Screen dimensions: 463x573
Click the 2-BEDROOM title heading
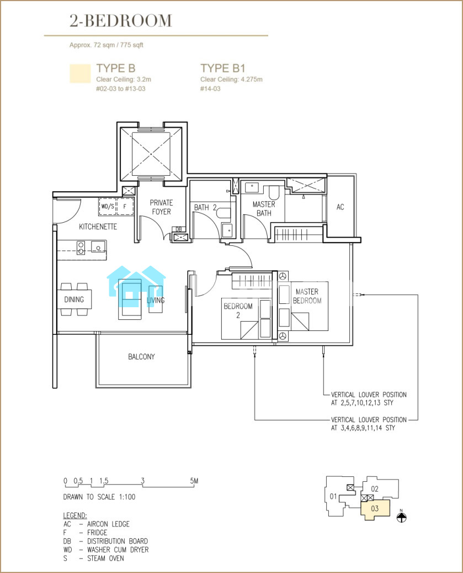coord(121,21)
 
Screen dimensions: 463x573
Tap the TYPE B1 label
coord(222,69)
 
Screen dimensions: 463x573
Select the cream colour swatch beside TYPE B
coord(80,73)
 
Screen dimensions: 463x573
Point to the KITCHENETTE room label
coord(98,227)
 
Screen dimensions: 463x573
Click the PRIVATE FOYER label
coord(161,207)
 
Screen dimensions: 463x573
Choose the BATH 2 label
coord(205,208)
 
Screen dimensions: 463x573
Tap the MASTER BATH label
coord(264,209)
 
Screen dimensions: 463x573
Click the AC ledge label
coord(340,207)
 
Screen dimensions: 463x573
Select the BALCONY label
coord(141,356)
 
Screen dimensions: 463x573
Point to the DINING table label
coord(74,299)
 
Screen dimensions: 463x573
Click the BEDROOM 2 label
coord(238,311)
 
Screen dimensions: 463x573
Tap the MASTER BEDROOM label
coord(307,296)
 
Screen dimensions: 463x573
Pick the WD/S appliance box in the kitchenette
coord(108,207)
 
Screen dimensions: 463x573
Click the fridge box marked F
coord(125,207)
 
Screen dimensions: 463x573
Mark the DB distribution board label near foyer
coord(179,229)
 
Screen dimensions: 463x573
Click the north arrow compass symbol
coord(401,517)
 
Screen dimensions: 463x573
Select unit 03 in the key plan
coord(375,509)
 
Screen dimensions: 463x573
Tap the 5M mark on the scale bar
coord(194,481)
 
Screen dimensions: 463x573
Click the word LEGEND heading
coord(75,516)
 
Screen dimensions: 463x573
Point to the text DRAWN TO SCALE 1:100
coord(99,497)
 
